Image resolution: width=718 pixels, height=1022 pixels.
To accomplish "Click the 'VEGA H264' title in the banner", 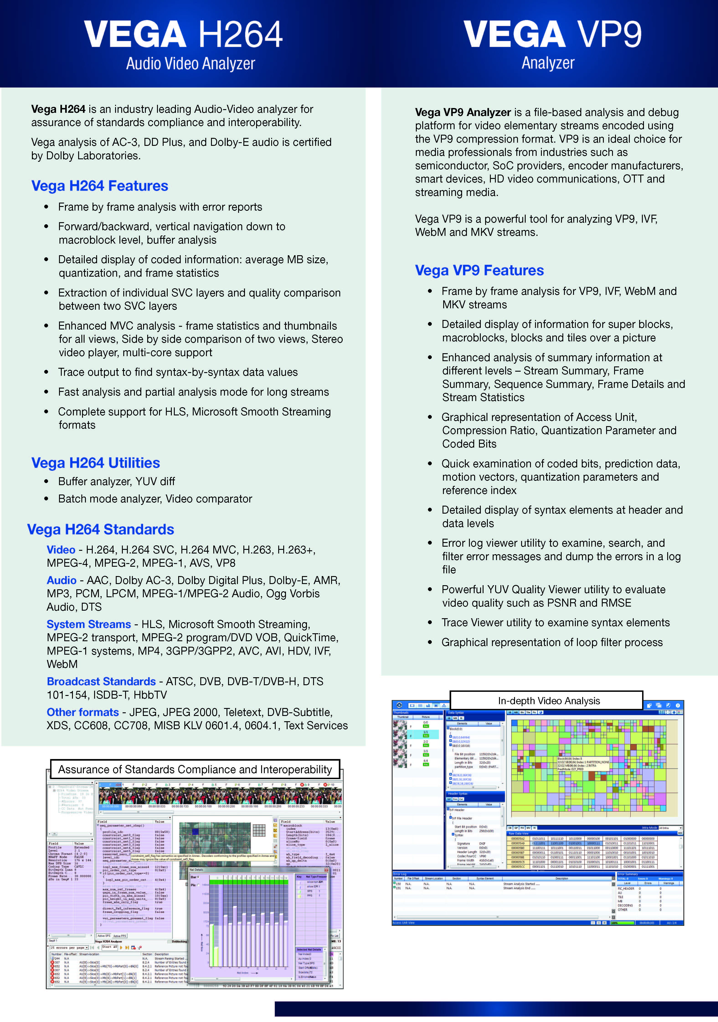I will [x=183, y=35].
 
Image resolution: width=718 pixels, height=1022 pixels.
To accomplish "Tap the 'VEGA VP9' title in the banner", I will [x=552, y=35].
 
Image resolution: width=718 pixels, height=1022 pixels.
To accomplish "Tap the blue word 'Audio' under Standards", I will [x=62, y=580].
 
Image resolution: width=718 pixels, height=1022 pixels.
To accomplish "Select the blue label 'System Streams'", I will [x=89, y=625].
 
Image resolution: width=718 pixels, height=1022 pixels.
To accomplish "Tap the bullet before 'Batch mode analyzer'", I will [x=46, y=499].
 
